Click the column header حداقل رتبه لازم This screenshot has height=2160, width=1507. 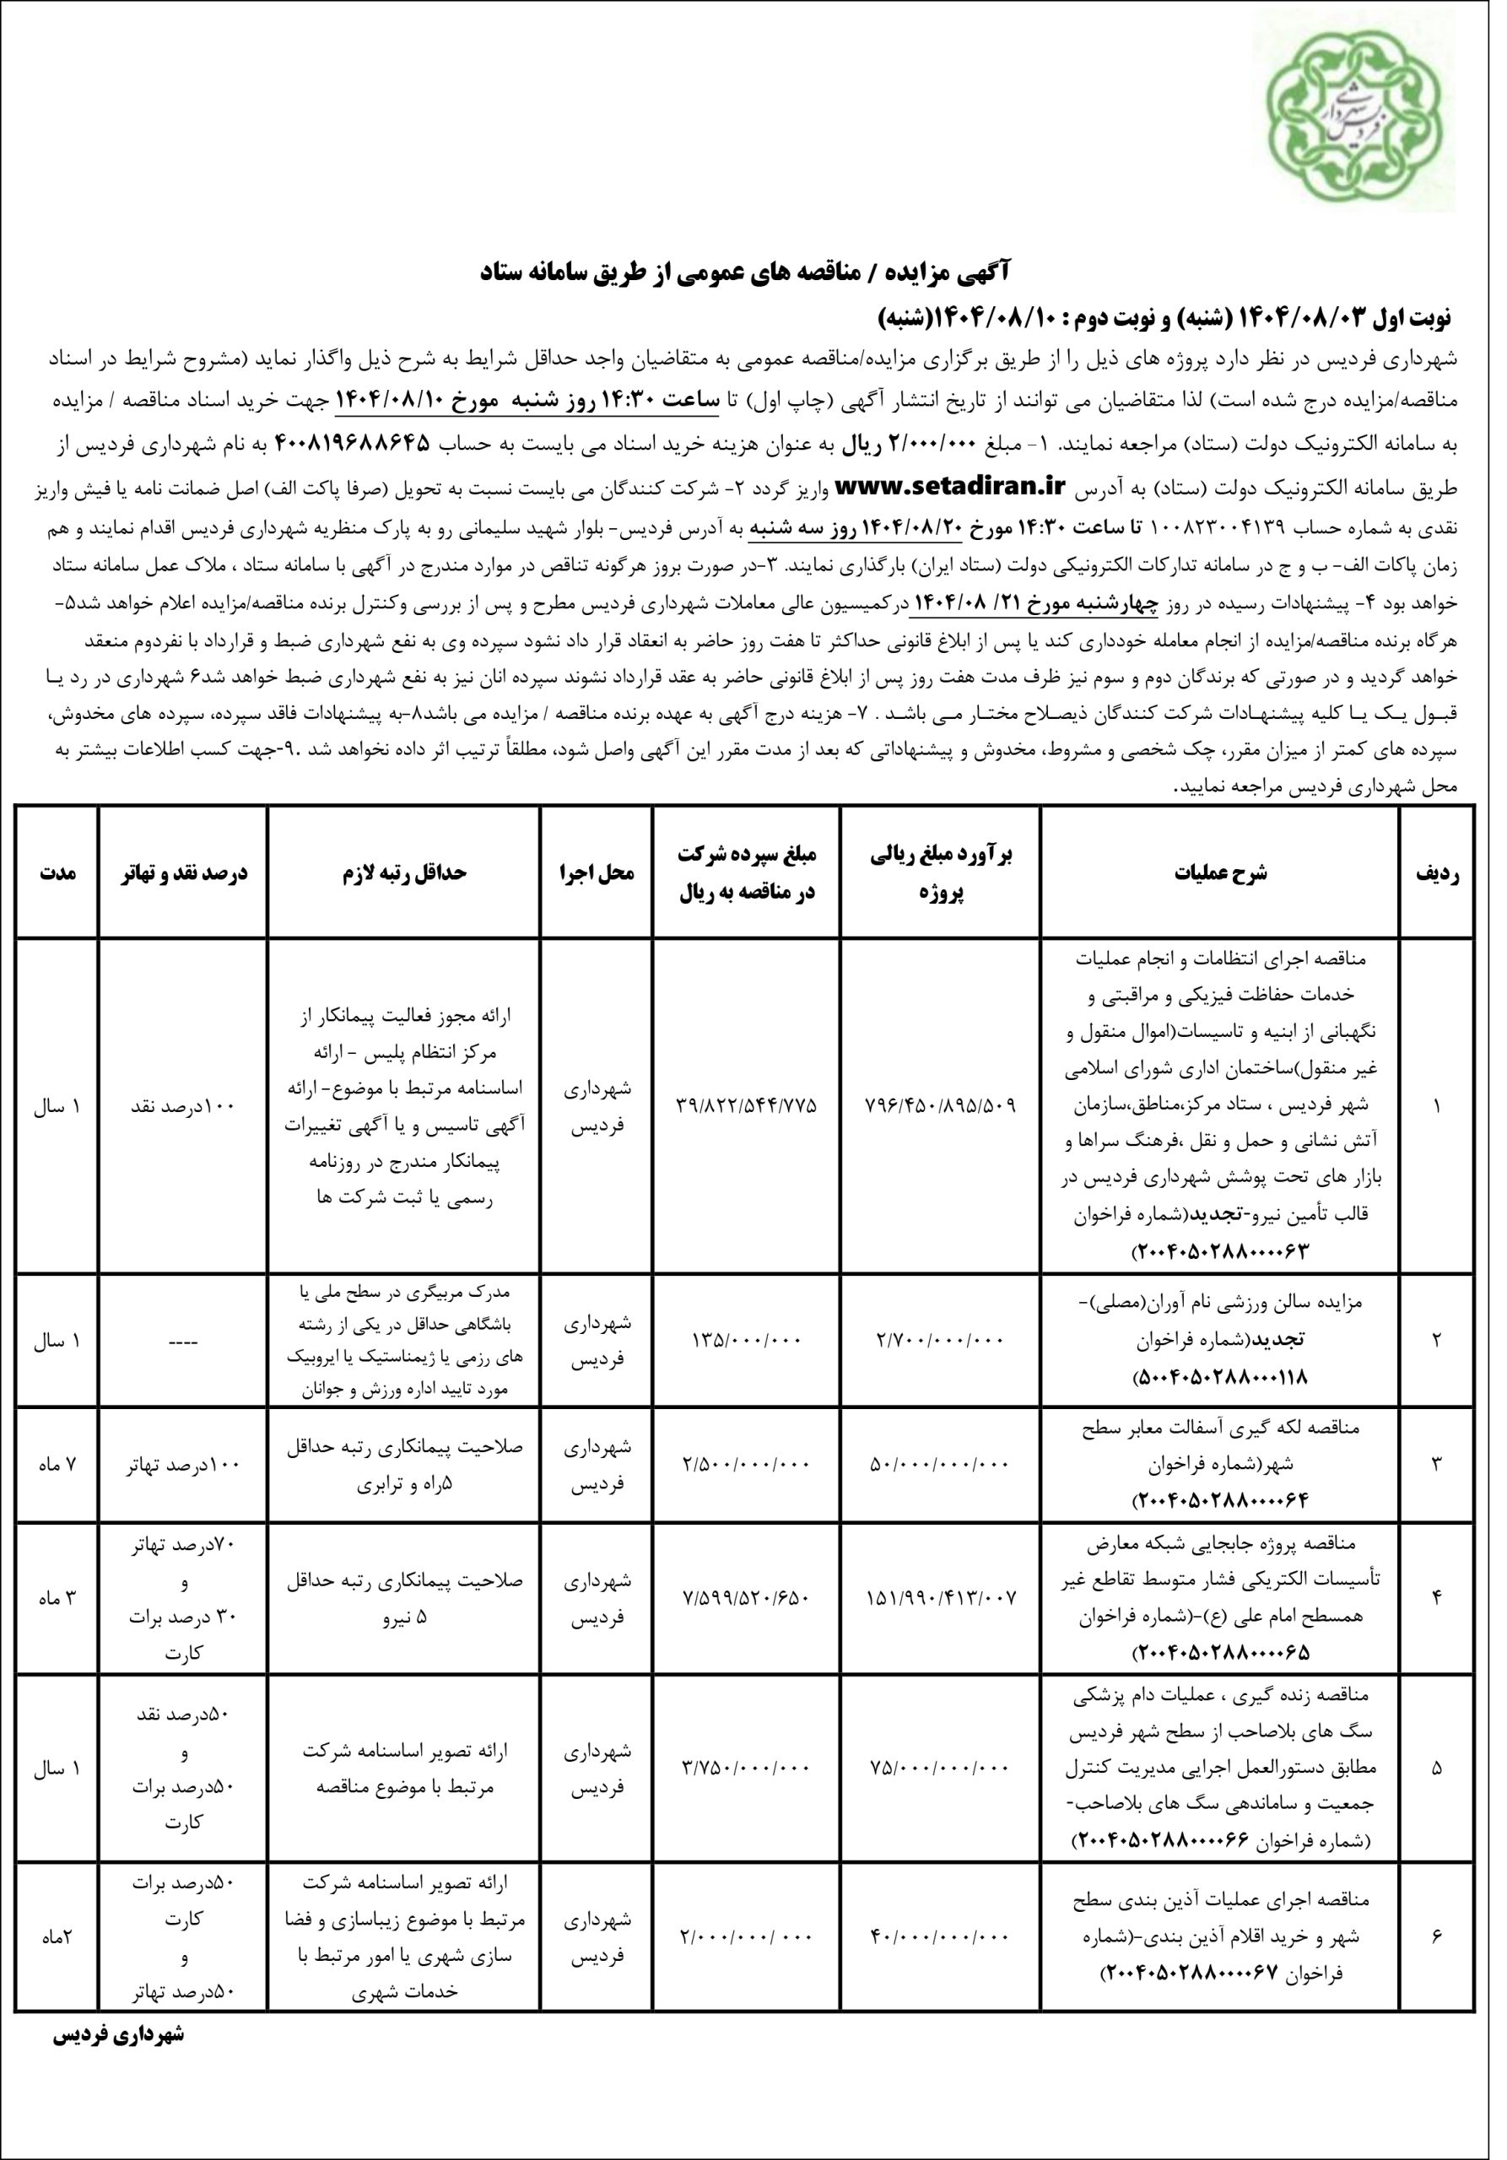pos(403,873)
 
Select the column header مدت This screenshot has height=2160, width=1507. pos(57,873)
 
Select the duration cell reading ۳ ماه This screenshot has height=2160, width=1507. pos(57,1596)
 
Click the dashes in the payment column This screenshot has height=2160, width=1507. pos(182,1340)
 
